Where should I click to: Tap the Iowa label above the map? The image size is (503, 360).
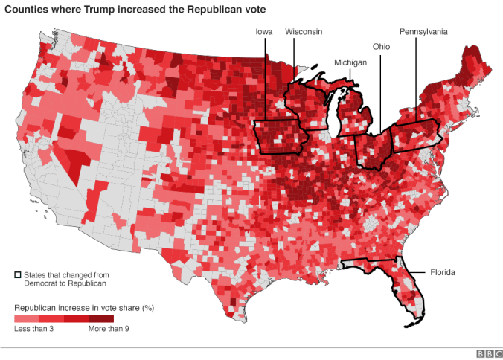(x=263, y=32)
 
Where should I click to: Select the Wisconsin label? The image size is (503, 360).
(x=304, y=32)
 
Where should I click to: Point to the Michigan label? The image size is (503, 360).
(x=350, y=62)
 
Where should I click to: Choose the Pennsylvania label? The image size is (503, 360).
(x=423, y=32)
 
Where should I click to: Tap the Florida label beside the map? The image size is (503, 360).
(x=443, y=273)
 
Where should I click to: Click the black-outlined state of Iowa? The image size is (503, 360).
(x=281, y=138)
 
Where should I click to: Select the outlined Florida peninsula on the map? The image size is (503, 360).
(x=409, y=290)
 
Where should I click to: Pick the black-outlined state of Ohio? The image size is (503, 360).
(x=372, y=149)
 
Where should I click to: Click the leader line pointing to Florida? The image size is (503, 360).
(x=417, y=273)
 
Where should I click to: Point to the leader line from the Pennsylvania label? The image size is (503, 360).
(x=414, y=82)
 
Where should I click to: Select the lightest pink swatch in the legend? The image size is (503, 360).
(x=27, y=318)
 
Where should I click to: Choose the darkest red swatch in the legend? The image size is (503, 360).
(x=101, y=318)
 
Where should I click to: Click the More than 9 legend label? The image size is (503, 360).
(x=109, y=328)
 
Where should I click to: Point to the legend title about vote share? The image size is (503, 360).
(x=83, y=306)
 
